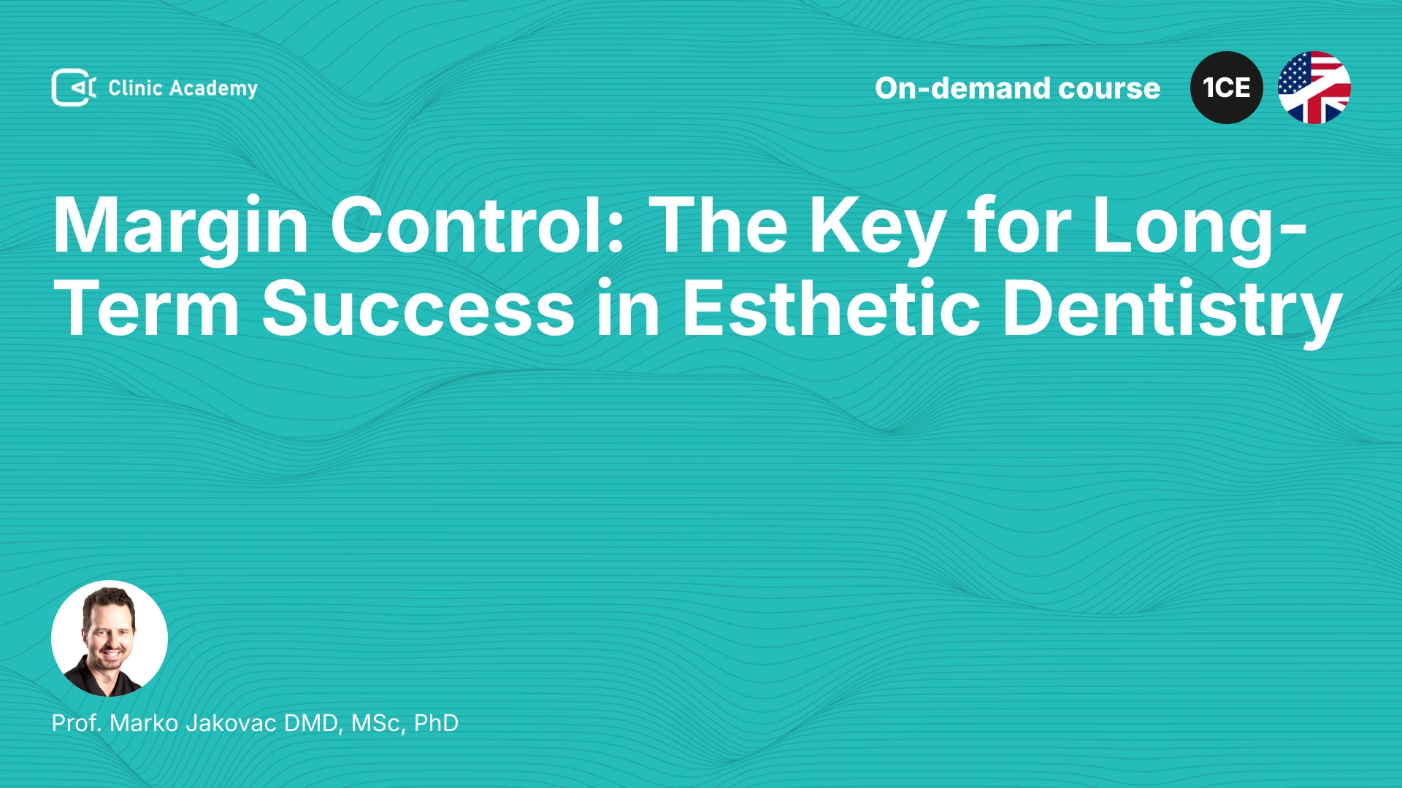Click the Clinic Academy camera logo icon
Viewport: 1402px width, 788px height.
click(74, 88)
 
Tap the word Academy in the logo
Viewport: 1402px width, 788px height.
click(213, 89)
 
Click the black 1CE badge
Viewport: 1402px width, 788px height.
click(1227, 88)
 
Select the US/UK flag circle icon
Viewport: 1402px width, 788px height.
click(1314, 88)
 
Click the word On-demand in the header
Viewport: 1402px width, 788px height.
click(962, 88)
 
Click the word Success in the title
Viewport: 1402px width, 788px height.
click(418, 309)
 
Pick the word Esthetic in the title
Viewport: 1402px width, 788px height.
click(831, 308)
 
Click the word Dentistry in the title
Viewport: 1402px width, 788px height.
click(1172, 312)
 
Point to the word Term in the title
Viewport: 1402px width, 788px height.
click(146, 309)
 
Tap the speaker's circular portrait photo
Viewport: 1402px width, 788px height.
click(110, 638)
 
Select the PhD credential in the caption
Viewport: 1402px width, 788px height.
click(436, 723)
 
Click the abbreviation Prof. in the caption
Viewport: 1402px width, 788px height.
click(77, 723)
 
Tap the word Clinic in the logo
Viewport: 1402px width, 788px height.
click(135, 88)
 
